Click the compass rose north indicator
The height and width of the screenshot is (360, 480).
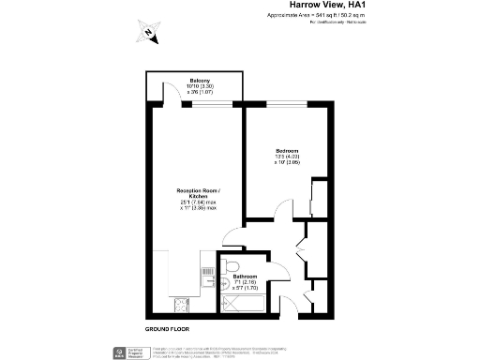coord(148,31)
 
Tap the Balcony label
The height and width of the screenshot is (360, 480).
coord(197,81)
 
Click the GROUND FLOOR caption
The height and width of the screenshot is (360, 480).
coord(166,330)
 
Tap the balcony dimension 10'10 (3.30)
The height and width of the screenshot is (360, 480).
coord(197,87)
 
